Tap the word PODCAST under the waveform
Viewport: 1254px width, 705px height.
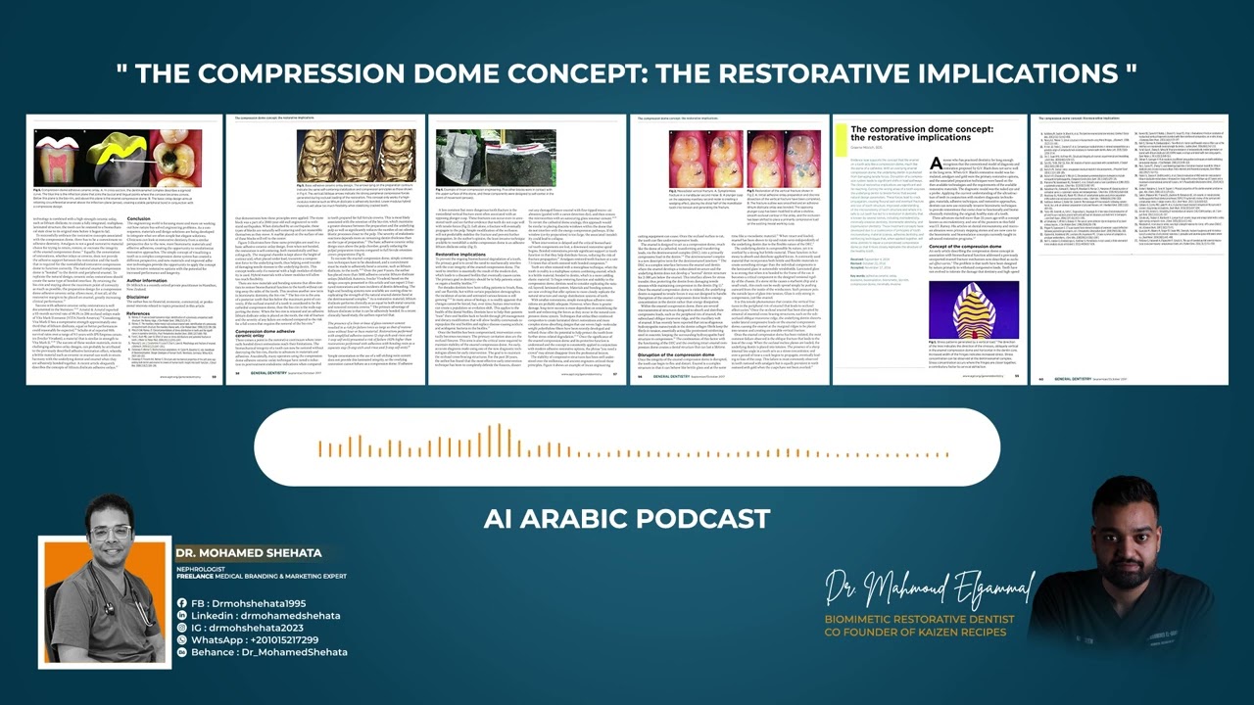[702, 518]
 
